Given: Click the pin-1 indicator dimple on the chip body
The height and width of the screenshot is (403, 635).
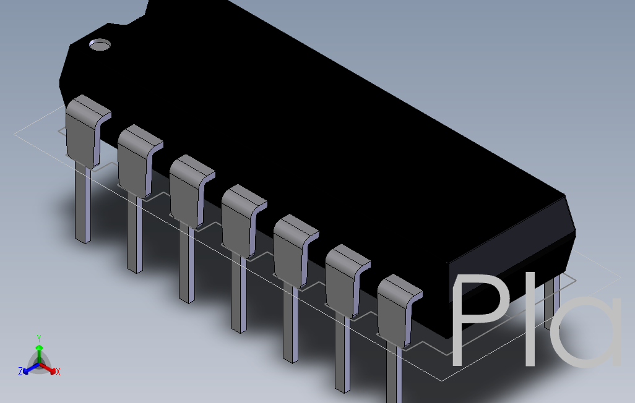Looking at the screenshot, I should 99,45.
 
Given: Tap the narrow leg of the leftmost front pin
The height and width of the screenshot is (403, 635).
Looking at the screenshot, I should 82,204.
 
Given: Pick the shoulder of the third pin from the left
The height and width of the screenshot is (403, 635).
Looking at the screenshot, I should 186,190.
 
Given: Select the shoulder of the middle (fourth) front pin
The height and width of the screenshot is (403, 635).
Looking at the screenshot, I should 238,220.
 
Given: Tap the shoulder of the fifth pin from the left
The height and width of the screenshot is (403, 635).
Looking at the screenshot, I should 290,250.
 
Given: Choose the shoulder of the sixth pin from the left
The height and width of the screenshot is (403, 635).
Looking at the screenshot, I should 342,279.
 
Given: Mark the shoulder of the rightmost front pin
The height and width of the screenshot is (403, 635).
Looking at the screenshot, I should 394,309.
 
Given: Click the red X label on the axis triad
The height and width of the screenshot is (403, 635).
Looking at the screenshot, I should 58,371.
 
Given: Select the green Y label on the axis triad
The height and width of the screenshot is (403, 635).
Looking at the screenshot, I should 38,338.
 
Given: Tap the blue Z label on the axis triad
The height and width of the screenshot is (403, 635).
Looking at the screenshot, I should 20,371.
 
